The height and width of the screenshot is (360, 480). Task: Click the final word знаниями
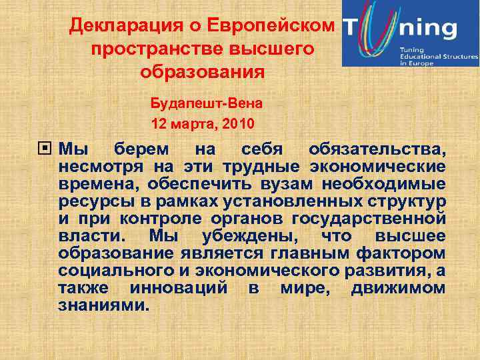pos(100,306)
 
